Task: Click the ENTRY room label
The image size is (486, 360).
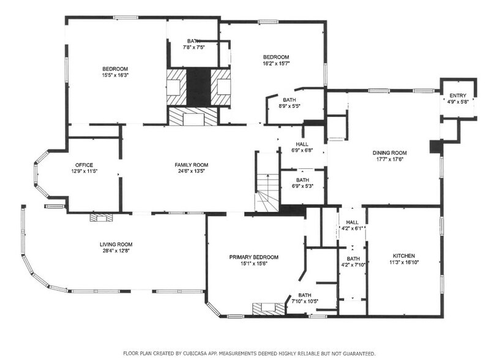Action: pos(457,96)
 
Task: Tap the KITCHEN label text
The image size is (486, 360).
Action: pos(404,255)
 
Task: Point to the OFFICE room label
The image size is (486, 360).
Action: pos(84,165)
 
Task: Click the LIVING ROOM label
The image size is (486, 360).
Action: pos(116,244)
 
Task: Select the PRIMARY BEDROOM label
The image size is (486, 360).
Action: pos(254,257)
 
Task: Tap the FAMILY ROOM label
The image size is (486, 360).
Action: pos(192,165)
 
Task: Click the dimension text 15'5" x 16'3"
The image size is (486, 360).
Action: pos(115,75)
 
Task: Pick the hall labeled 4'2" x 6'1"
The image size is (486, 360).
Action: pos(352,226)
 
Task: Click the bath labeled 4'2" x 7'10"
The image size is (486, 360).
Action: pos(353,262)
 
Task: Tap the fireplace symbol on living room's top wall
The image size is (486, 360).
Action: pos(102,217)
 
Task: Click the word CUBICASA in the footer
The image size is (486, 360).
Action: pos(212,354)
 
